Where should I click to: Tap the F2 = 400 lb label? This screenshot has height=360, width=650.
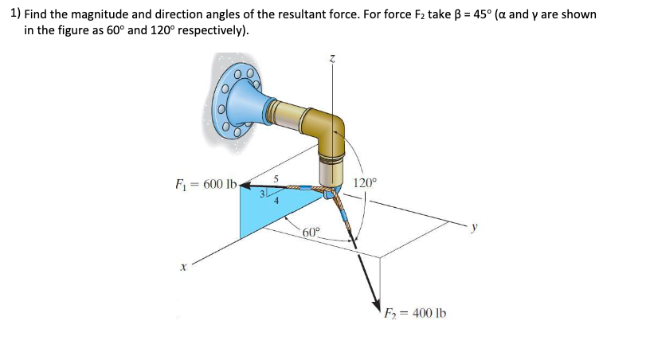point(415,313)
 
